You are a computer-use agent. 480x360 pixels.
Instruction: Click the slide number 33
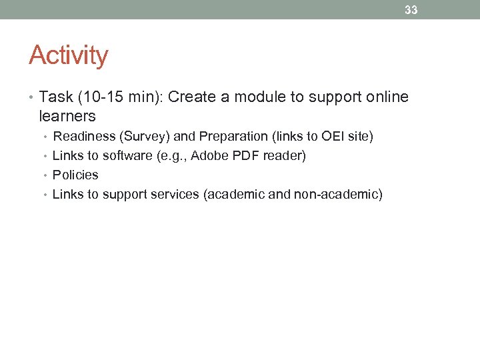tap(411, 10)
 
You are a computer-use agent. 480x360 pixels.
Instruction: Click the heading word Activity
tap(68, 55)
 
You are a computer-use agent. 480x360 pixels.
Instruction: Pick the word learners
tap(67, 117)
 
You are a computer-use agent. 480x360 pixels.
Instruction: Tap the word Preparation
tap(233, 137)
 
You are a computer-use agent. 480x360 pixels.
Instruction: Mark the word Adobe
tap(209, 156)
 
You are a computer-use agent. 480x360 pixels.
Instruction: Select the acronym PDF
tap(244, 156)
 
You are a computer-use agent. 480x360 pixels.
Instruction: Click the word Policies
tap(75, 175)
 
